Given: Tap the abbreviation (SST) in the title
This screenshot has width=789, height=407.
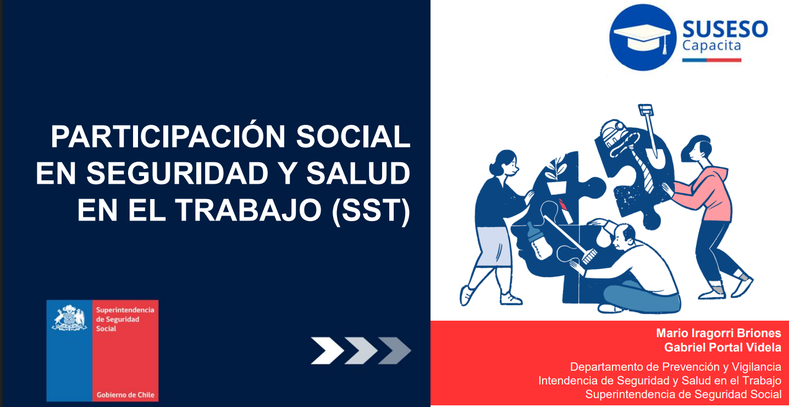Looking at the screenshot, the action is (x=371, y=210).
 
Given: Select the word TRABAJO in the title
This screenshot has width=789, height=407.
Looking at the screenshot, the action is (x=249, y=210).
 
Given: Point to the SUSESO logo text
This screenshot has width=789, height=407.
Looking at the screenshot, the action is (x=725, y=29).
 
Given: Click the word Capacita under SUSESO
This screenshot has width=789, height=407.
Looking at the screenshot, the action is (x=711, y=46).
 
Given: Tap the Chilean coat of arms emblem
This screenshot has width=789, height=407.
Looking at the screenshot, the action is (x=69, y=318).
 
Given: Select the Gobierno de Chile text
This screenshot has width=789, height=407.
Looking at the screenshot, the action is (x=125, y=395).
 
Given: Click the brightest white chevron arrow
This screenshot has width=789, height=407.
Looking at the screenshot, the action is (x=327, y=350).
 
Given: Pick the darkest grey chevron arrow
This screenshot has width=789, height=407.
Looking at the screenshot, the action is (x=395, y=350).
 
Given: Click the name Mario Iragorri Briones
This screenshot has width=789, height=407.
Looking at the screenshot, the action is (x=719, y=333).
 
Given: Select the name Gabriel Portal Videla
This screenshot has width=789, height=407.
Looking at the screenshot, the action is (x=723, y=348).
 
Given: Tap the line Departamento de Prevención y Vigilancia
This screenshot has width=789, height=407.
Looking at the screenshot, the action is (x=676, y=367).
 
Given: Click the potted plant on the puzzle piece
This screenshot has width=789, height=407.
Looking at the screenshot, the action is (x=556, y=175).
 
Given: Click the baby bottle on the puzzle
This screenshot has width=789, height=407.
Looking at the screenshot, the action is (x=538, y=242).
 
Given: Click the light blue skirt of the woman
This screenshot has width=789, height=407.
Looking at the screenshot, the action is (x=493, y=246).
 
